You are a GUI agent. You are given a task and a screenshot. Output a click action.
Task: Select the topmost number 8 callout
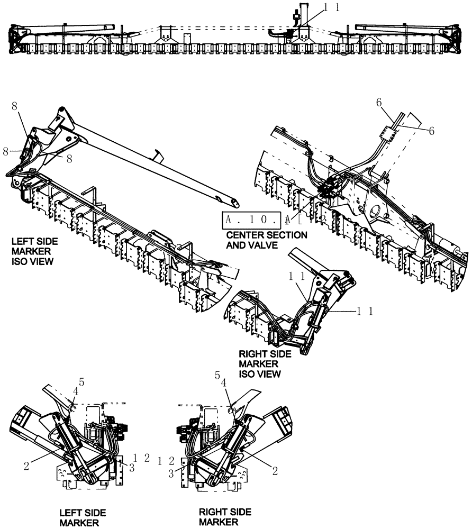click(15, 106)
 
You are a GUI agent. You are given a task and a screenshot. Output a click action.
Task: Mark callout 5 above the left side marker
click(81, 381)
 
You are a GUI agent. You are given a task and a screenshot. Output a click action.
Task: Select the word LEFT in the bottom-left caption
click(70, 513)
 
